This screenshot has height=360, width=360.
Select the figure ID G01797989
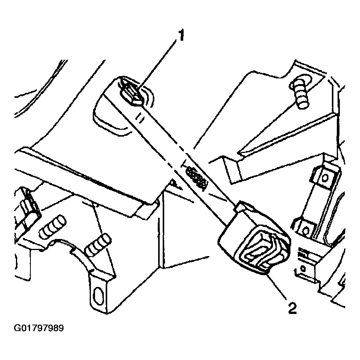click(x=38, y=328)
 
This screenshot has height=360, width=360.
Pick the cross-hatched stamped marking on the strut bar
click(x=196, y=177)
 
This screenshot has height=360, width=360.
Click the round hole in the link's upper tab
click(x=325, y=177)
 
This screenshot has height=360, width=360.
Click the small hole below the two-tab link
click(x=303, y=268)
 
